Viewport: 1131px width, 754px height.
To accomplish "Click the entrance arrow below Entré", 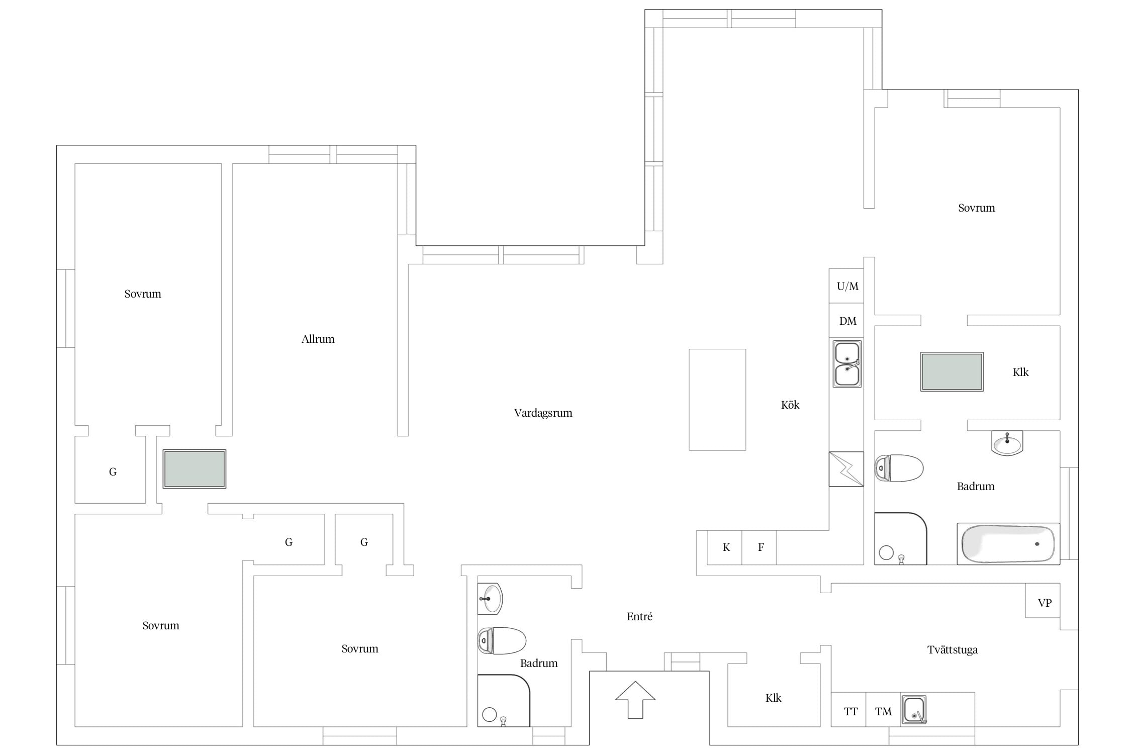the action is pyautogui.click(x=635, y=700).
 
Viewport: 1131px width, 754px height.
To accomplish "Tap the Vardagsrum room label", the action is pyautogui.click(x=543, y=413).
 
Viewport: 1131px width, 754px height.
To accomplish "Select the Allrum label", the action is pyautogui.click(x=318, y=339).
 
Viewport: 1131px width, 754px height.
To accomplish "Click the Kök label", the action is pyautogui.click(x=790, y=405).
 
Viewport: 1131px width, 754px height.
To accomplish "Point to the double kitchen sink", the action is pyautogui.click(x=847, y=364).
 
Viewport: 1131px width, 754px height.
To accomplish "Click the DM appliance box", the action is pyautogui.click(x=846, y=321).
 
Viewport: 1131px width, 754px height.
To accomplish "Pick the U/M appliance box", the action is pyautogui.click(x=846, y=286).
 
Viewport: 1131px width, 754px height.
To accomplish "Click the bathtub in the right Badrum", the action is pyautogui.click(x=1008, y=544).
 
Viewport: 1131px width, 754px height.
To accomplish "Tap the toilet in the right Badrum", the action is pyautogui.click(x=899, y=468).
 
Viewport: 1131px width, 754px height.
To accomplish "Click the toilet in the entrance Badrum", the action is pyautogui.click(x=502, y=640).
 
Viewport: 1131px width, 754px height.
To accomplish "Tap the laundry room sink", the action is pyautogui.click(x=914, y=710).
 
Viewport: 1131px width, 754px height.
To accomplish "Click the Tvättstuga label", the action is pyautogui.click(x=953, y=650).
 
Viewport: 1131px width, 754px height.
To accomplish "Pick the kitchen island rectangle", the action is pyautogui.click(x=717, y=400).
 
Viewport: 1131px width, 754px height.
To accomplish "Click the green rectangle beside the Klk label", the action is pyautogui.click(x=952, y=372).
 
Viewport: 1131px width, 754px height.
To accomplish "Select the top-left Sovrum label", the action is pyautogui.click(x=143, y=294).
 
